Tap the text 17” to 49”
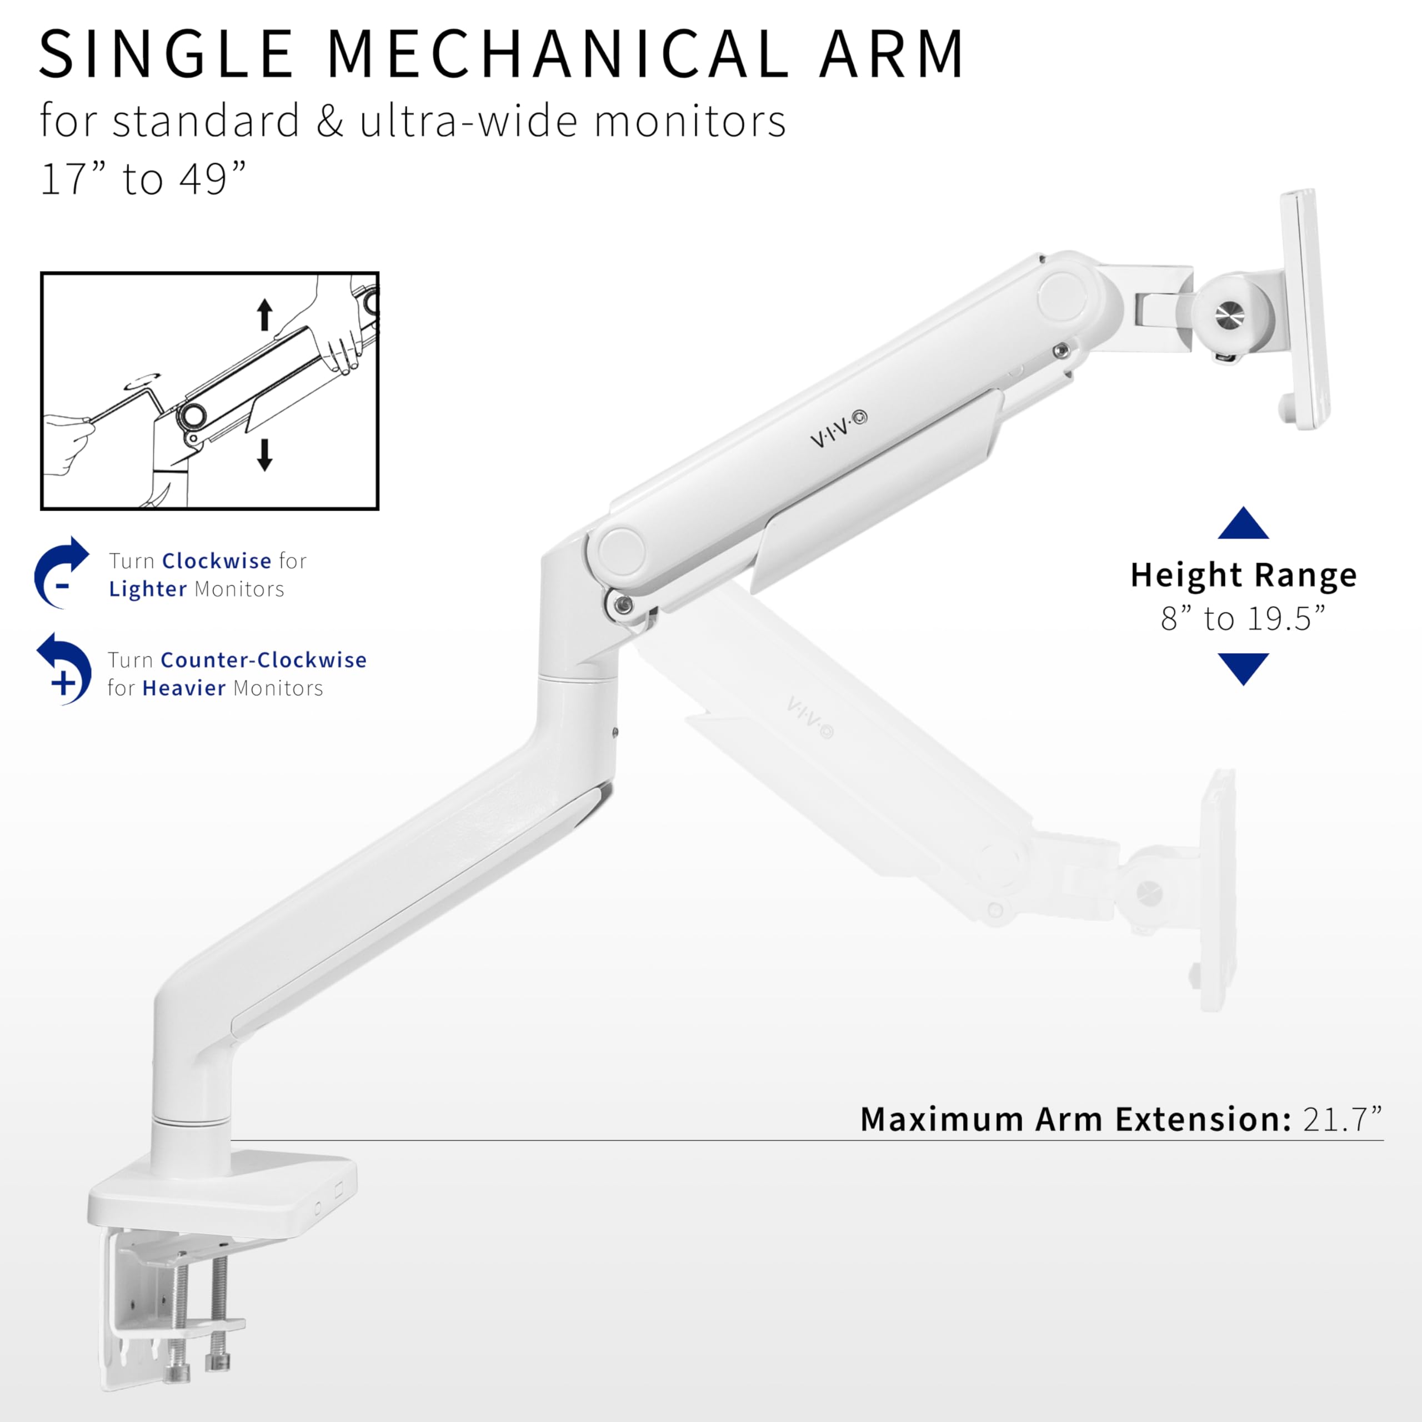pos(143,179)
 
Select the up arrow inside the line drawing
pos(265,314)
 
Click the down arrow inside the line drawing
pos(265,454)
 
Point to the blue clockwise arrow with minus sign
pos(61,573)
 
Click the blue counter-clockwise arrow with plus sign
pos(65,668)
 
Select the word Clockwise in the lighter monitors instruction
pos(217,562)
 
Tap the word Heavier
pos(184,688)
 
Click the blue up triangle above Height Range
pos(1243,524)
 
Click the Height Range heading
pos(1243,575)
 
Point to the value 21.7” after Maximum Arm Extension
pos(1342,1119)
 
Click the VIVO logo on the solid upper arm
pos(838,430)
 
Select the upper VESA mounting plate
pos(1304,309)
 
